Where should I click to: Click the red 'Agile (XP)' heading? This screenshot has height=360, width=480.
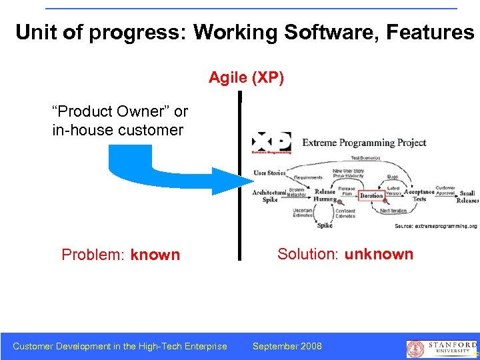pyautogui.click(x=246, y=78)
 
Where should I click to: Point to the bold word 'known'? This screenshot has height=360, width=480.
pyautogui.click(x=155, y=255)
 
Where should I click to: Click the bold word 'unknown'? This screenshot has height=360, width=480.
pyautogui.click(x=379, y=254)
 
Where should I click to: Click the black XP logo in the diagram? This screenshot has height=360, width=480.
pyautogui.click(x=271, y=143)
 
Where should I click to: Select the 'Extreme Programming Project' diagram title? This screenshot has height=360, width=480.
pyautogui.click(x=364, y=143)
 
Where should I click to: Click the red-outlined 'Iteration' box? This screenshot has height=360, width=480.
pyautogui.click(x=371, y=195)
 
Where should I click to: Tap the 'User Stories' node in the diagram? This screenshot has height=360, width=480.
pyautogui.click(x=269, y=173)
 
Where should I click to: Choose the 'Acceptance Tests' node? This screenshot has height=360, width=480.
pyautogui.click(x=419, y=195)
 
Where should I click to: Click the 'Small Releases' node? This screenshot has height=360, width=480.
pyautogui.click(x=468, y=197)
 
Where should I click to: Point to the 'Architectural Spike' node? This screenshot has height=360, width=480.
pyautogui.click(x=269, y=195)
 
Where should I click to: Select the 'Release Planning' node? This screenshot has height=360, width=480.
pyautogui.click(x=325, y=195)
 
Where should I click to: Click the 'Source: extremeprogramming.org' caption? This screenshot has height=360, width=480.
pyautogui.click(x=435, y=226)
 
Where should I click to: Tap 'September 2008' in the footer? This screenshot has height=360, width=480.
pyautogui.click(x=287, y=346)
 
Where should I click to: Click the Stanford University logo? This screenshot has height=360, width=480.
pyautogui.click(x=441, y=347)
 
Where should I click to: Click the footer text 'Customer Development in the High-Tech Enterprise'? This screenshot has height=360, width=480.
pyautogui.click(x=120, y=346)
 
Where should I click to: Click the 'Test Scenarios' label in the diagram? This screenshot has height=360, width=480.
pyautogui.click(x=365, y=158)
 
